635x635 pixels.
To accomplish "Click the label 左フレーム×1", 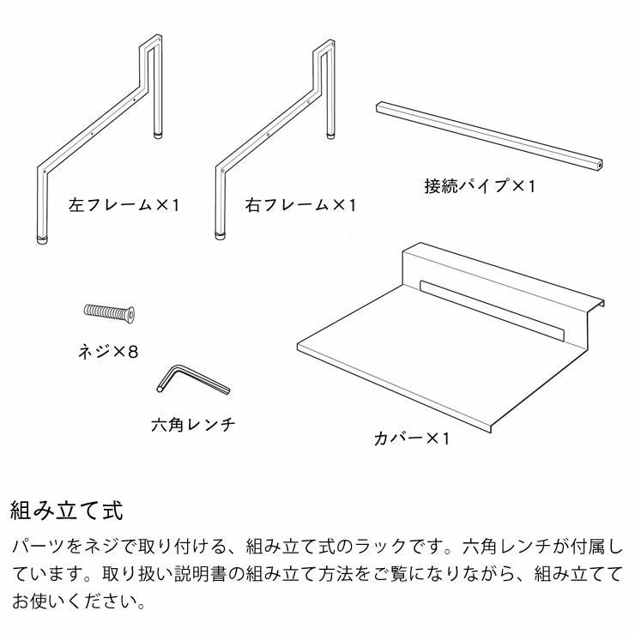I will click(x=124, y=206).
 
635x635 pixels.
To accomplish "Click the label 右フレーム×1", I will click(x=299, y=206).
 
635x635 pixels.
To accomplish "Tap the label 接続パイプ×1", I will click(x=479, y=185).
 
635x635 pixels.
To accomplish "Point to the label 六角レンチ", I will click(x=192, y=424).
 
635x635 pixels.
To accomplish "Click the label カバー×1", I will click(x=412, y=438).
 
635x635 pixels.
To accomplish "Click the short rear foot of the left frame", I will click(x=158, y=133).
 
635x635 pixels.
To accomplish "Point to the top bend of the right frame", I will click(x=328, y=43).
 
